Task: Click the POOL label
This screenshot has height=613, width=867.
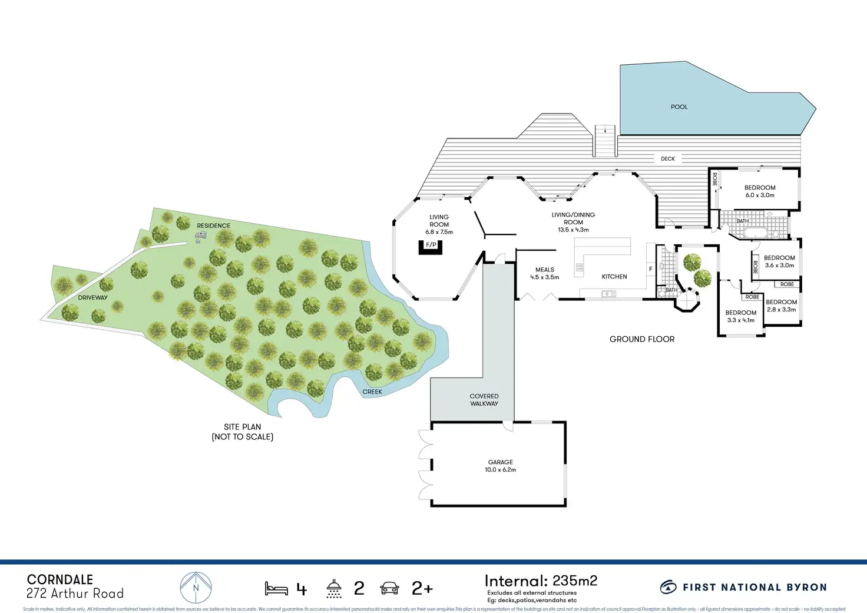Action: pos(679,107)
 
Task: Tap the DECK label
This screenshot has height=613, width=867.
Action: pos(667,159)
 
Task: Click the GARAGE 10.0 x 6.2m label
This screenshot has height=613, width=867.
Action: pos(500,466)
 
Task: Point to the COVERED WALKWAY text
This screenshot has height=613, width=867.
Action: pos(484,400)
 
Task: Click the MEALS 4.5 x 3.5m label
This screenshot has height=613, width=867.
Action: pos(544,273)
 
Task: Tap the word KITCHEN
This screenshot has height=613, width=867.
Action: pos(614,277)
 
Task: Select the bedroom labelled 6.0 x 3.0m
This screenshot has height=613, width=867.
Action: pos(760,191)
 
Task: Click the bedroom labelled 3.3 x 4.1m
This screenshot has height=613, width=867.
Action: pos(740,316)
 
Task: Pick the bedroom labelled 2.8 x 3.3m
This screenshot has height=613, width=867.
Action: pos(781,306)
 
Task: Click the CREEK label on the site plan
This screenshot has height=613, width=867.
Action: pos(372,392)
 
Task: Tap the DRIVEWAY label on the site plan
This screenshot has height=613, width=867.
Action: pos(93,298)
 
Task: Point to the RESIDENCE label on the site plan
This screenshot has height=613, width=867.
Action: pos(213,226)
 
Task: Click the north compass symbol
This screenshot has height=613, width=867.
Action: pos(196,587)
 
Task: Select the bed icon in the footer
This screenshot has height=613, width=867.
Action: pos(276,588)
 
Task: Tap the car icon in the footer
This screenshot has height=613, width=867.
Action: pos(389,588)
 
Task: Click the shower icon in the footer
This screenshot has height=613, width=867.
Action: pos(334,588)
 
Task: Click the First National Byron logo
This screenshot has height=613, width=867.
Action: pos(743,587)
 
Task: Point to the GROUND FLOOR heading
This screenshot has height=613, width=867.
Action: pos(642,339)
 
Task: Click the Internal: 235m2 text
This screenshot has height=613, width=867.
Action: pos(541,581)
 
